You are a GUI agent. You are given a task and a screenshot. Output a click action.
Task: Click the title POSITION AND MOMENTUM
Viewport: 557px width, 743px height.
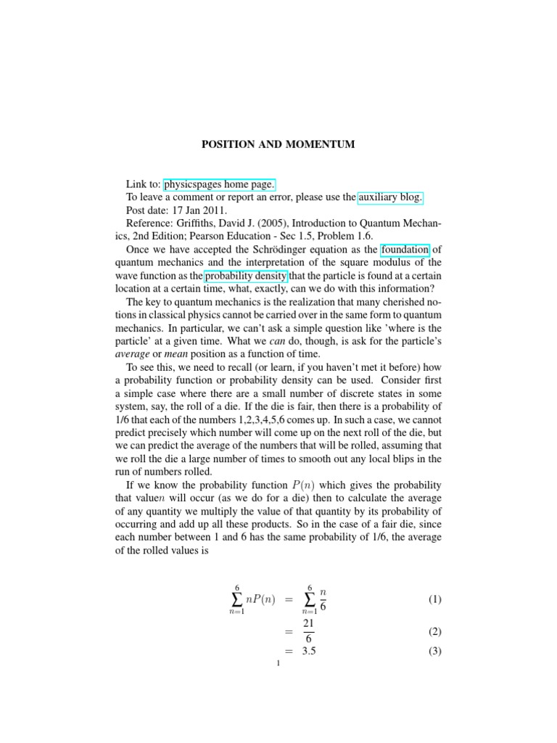(278, 145)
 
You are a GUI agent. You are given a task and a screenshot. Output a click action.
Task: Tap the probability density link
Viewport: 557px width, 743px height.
(247, 276)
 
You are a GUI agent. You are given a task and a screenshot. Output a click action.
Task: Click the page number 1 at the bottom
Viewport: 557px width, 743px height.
(278, 669)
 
